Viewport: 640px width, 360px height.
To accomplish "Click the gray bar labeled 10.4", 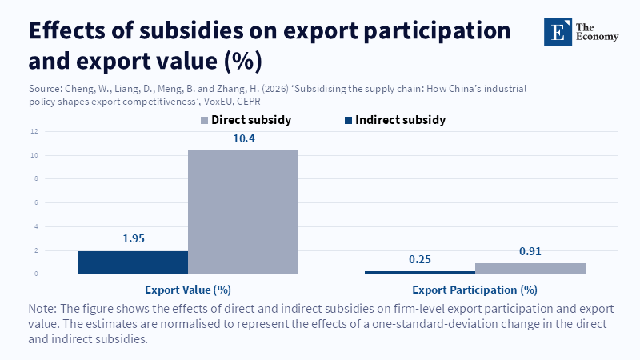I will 243,212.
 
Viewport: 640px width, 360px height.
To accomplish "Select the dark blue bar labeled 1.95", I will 133,262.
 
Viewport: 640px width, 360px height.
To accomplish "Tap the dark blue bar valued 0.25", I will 419,272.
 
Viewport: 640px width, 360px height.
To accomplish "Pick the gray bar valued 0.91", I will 530,269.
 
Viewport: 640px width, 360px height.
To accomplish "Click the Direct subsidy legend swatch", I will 204,120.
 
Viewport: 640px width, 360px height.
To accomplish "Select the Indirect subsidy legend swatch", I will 348,120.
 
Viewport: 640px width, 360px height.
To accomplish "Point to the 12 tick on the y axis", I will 34,131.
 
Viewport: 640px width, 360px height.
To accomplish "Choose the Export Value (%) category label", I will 188,289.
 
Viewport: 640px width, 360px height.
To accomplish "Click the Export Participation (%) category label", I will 474,289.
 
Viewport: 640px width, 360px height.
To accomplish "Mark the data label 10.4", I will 243,139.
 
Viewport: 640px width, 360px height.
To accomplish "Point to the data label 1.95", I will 133,238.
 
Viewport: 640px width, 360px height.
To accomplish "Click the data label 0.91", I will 530,251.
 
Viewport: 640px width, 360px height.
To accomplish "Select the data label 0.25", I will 419,259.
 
